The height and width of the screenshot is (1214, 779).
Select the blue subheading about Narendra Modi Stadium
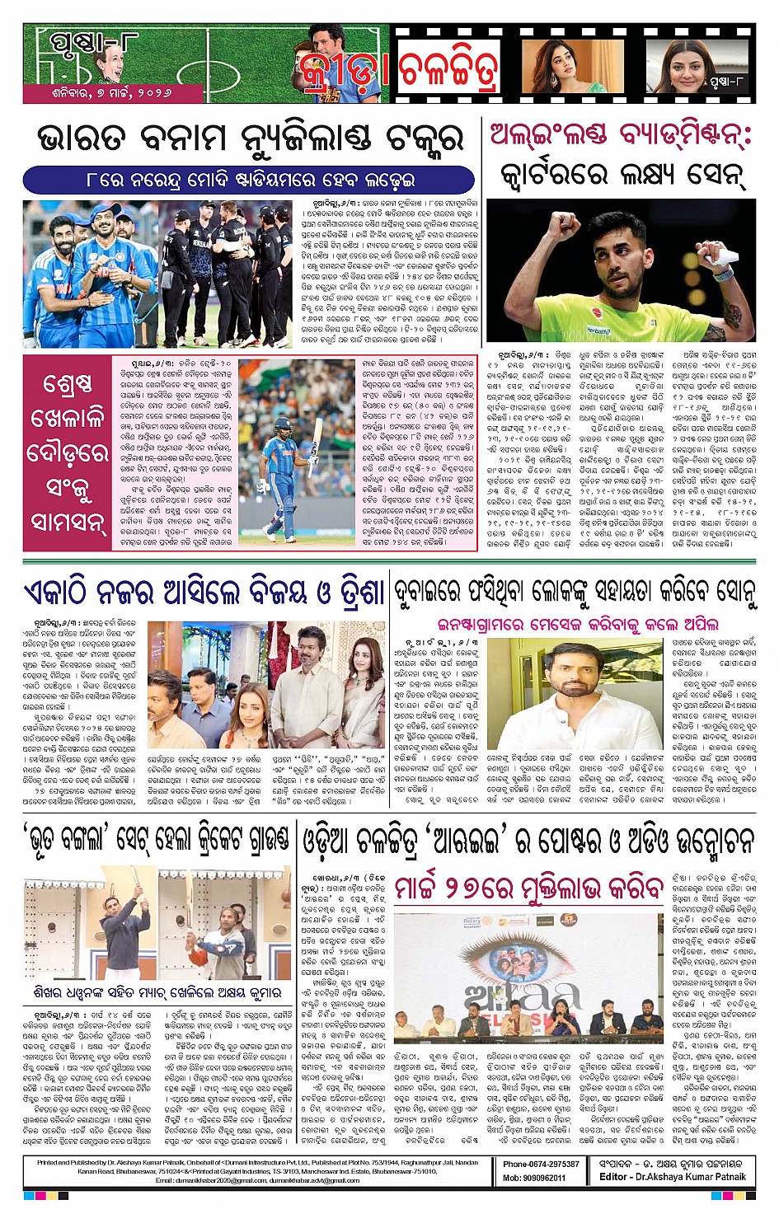click(x=250, y=179)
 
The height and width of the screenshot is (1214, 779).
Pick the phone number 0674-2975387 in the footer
click(x=542, y=1164)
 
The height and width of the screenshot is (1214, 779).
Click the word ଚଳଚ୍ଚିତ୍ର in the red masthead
click(x=449, y=72)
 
